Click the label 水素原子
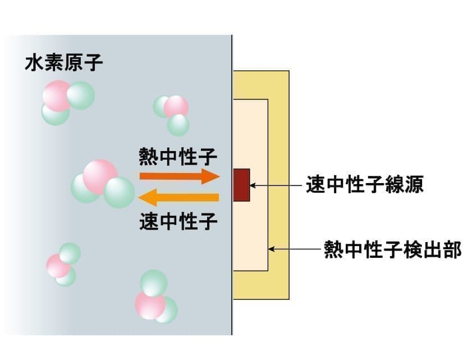pyautogui.click(x=63, y=63)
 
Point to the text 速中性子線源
pyautogui.click(x=364, y=184)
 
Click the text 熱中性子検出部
pyautogui.click(x=392, y=249)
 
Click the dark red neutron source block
pyautogui.click(x=241, y=184)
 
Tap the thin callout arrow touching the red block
pyautogui.click(x=277, y=184)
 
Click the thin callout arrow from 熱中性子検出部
pyautogui.click(x=295, y=249)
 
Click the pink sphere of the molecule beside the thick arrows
pyautogui.click(x=100, y=176)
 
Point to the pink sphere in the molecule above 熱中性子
pyautogui.click(x=176, y=106)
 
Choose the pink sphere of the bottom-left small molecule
pyautogui.click(x=58, y=266)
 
